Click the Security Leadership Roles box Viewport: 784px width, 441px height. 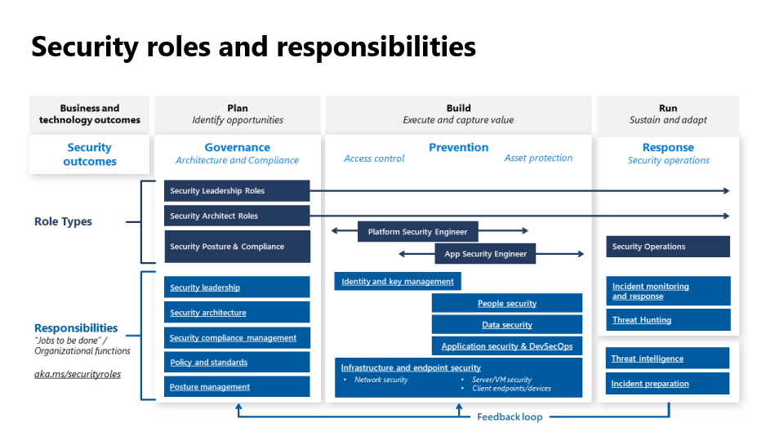tap(237, 190)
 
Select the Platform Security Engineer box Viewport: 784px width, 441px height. tap(418, 231)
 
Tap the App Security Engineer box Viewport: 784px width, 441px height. tap(485, 253)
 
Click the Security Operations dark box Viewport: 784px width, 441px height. tap(668, 247)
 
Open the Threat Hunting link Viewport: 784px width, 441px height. tap(642, 320)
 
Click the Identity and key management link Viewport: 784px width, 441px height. tap(398, 282)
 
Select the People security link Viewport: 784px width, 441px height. tap(507, 304)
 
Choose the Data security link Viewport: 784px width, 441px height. tap(507, 325)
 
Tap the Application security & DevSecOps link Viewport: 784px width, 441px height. tap(507, 346)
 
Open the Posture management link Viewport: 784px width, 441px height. tap(210, 387)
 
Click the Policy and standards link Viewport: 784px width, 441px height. tap(208, 363)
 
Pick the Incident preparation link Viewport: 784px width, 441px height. tap(650, 384)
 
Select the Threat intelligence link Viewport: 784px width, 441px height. tap(647, 359)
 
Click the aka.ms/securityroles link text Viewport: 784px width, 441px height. tap(78, 374)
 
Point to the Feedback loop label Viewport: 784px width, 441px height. tap(510, 417)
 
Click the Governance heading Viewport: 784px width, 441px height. tap(237, 148)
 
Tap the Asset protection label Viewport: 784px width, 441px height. tap(538, 158)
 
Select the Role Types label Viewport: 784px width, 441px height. tap(63, 221)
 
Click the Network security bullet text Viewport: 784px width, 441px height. tap(381, 380)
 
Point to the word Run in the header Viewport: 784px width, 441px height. tap(668, 108)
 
